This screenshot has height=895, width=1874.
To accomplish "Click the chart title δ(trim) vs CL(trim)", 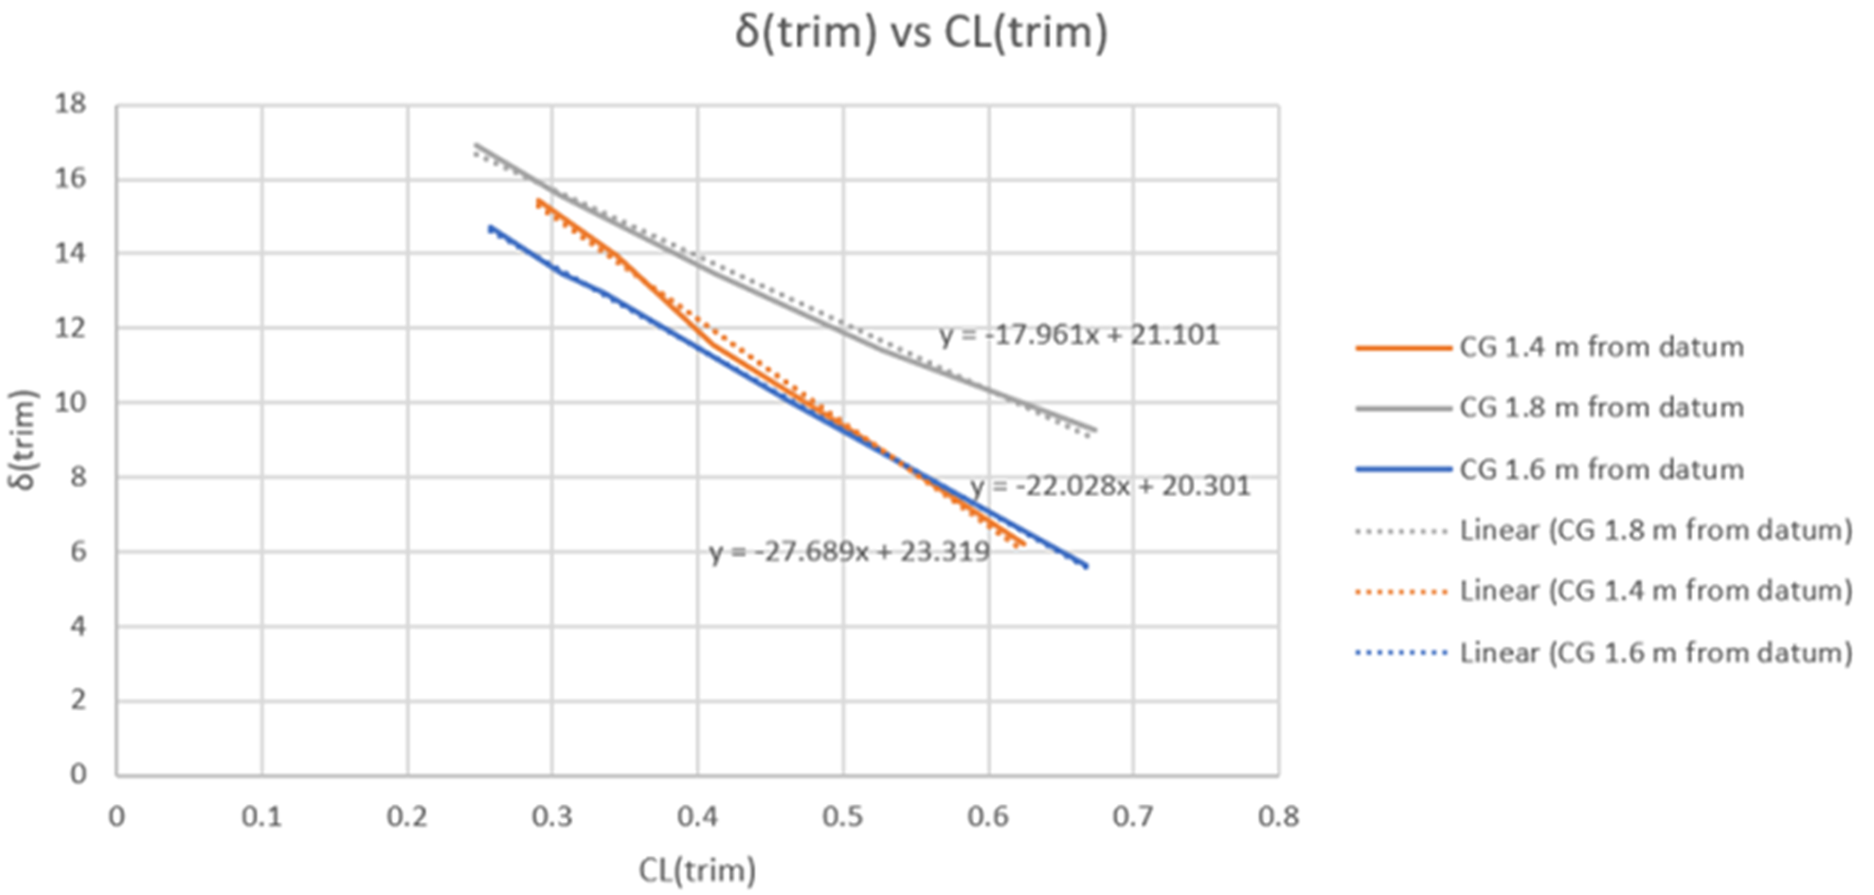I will (x=921, y=32).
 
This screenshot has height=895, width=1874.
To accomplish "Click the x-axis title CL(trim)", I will (x=697, y=869).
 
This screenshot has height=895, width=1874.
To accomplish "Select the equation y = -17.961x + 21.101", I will (x=1079, y=335).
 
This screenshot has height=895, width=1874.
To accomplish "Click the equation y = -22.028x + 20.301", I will (x=1109, y=486).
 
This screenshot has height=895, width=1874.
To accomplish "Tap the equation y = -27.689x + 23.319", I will (x=849, y=552).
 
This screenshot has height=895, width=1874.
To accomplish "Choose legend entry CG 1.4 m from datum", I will (x=1600, y=347).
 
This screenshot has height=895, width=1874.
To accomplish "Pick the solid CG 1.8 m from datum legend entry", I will (x=1600, y=408).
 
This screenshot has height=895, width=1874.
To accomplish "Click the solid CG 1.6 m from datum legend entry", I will (x=1600, y=469).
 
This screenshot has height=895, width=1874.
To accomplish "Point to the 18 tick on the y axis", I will (x=70, y=103).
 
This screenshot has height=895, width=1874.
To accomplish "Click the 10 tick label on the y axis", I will (x=70, y=402).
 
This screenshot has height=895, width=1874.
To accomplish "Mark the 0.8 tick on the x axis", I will (x=1278, y=816).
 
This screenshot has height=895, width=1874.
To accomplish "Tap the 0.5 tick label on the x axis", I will (x=842, y=816).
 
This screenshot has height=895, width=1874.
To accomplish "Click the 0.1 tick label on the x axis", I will (x=261, y=816).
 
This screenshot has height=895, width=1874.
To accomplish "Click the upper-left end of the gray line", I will (x=476, y=145).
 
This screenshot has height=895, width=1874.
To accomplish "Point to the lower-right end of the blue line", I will (x=1087, y=567).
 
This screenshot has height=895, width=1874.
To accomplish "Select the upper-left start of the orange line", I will (x=537, y=200).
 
